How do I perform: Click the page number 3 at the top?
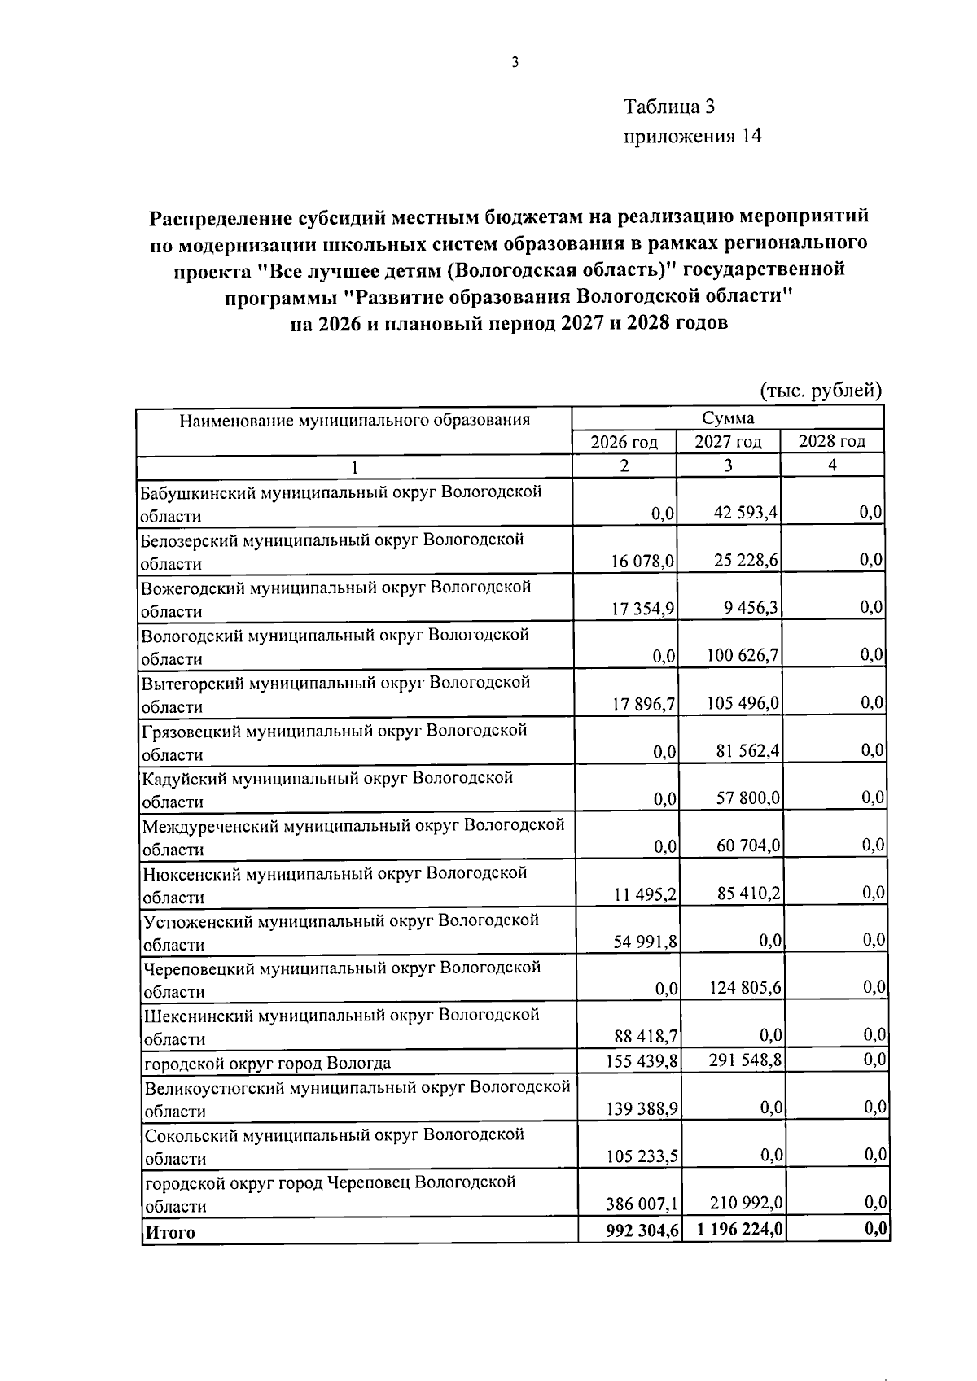[x=515, y=63]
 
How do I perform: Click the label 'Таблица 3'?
[x=668, y=107]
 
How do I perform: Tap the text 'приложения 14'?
[x=692, y=136]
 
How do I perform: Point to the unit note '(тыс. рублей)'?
[x=821, y=391]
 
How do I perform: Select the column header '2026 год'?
[x=624, y=442]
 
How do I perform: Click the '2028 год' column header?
[x=831, y=441]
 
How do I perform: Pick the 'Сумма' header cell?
[x=728, y=418]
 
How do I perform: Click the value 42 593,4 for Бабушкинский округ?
[x=745, y=514]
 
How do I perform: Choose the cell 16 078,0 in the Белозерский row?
[x=643, y=562]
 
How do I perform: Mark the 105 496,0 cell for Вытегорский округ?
[x=743, y=702]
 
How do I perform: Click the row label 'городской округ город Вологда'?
[x=267, y=1063]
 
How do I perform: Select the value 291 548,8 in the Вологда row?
[x=745, y=1060]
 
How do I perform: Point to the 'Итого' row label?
[x=170, y=1232]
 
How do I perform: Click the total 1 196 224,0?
[x=740, y=1230]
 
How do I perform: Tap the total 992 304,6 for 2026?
[x=642, y=1231]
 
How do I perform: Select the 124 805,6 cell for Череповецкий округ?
[x=744, y=988]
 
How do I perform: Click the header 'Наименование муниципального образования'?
[x=354, y=421]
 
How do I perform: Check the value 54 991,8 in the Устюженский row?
[x=646, y=942]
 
